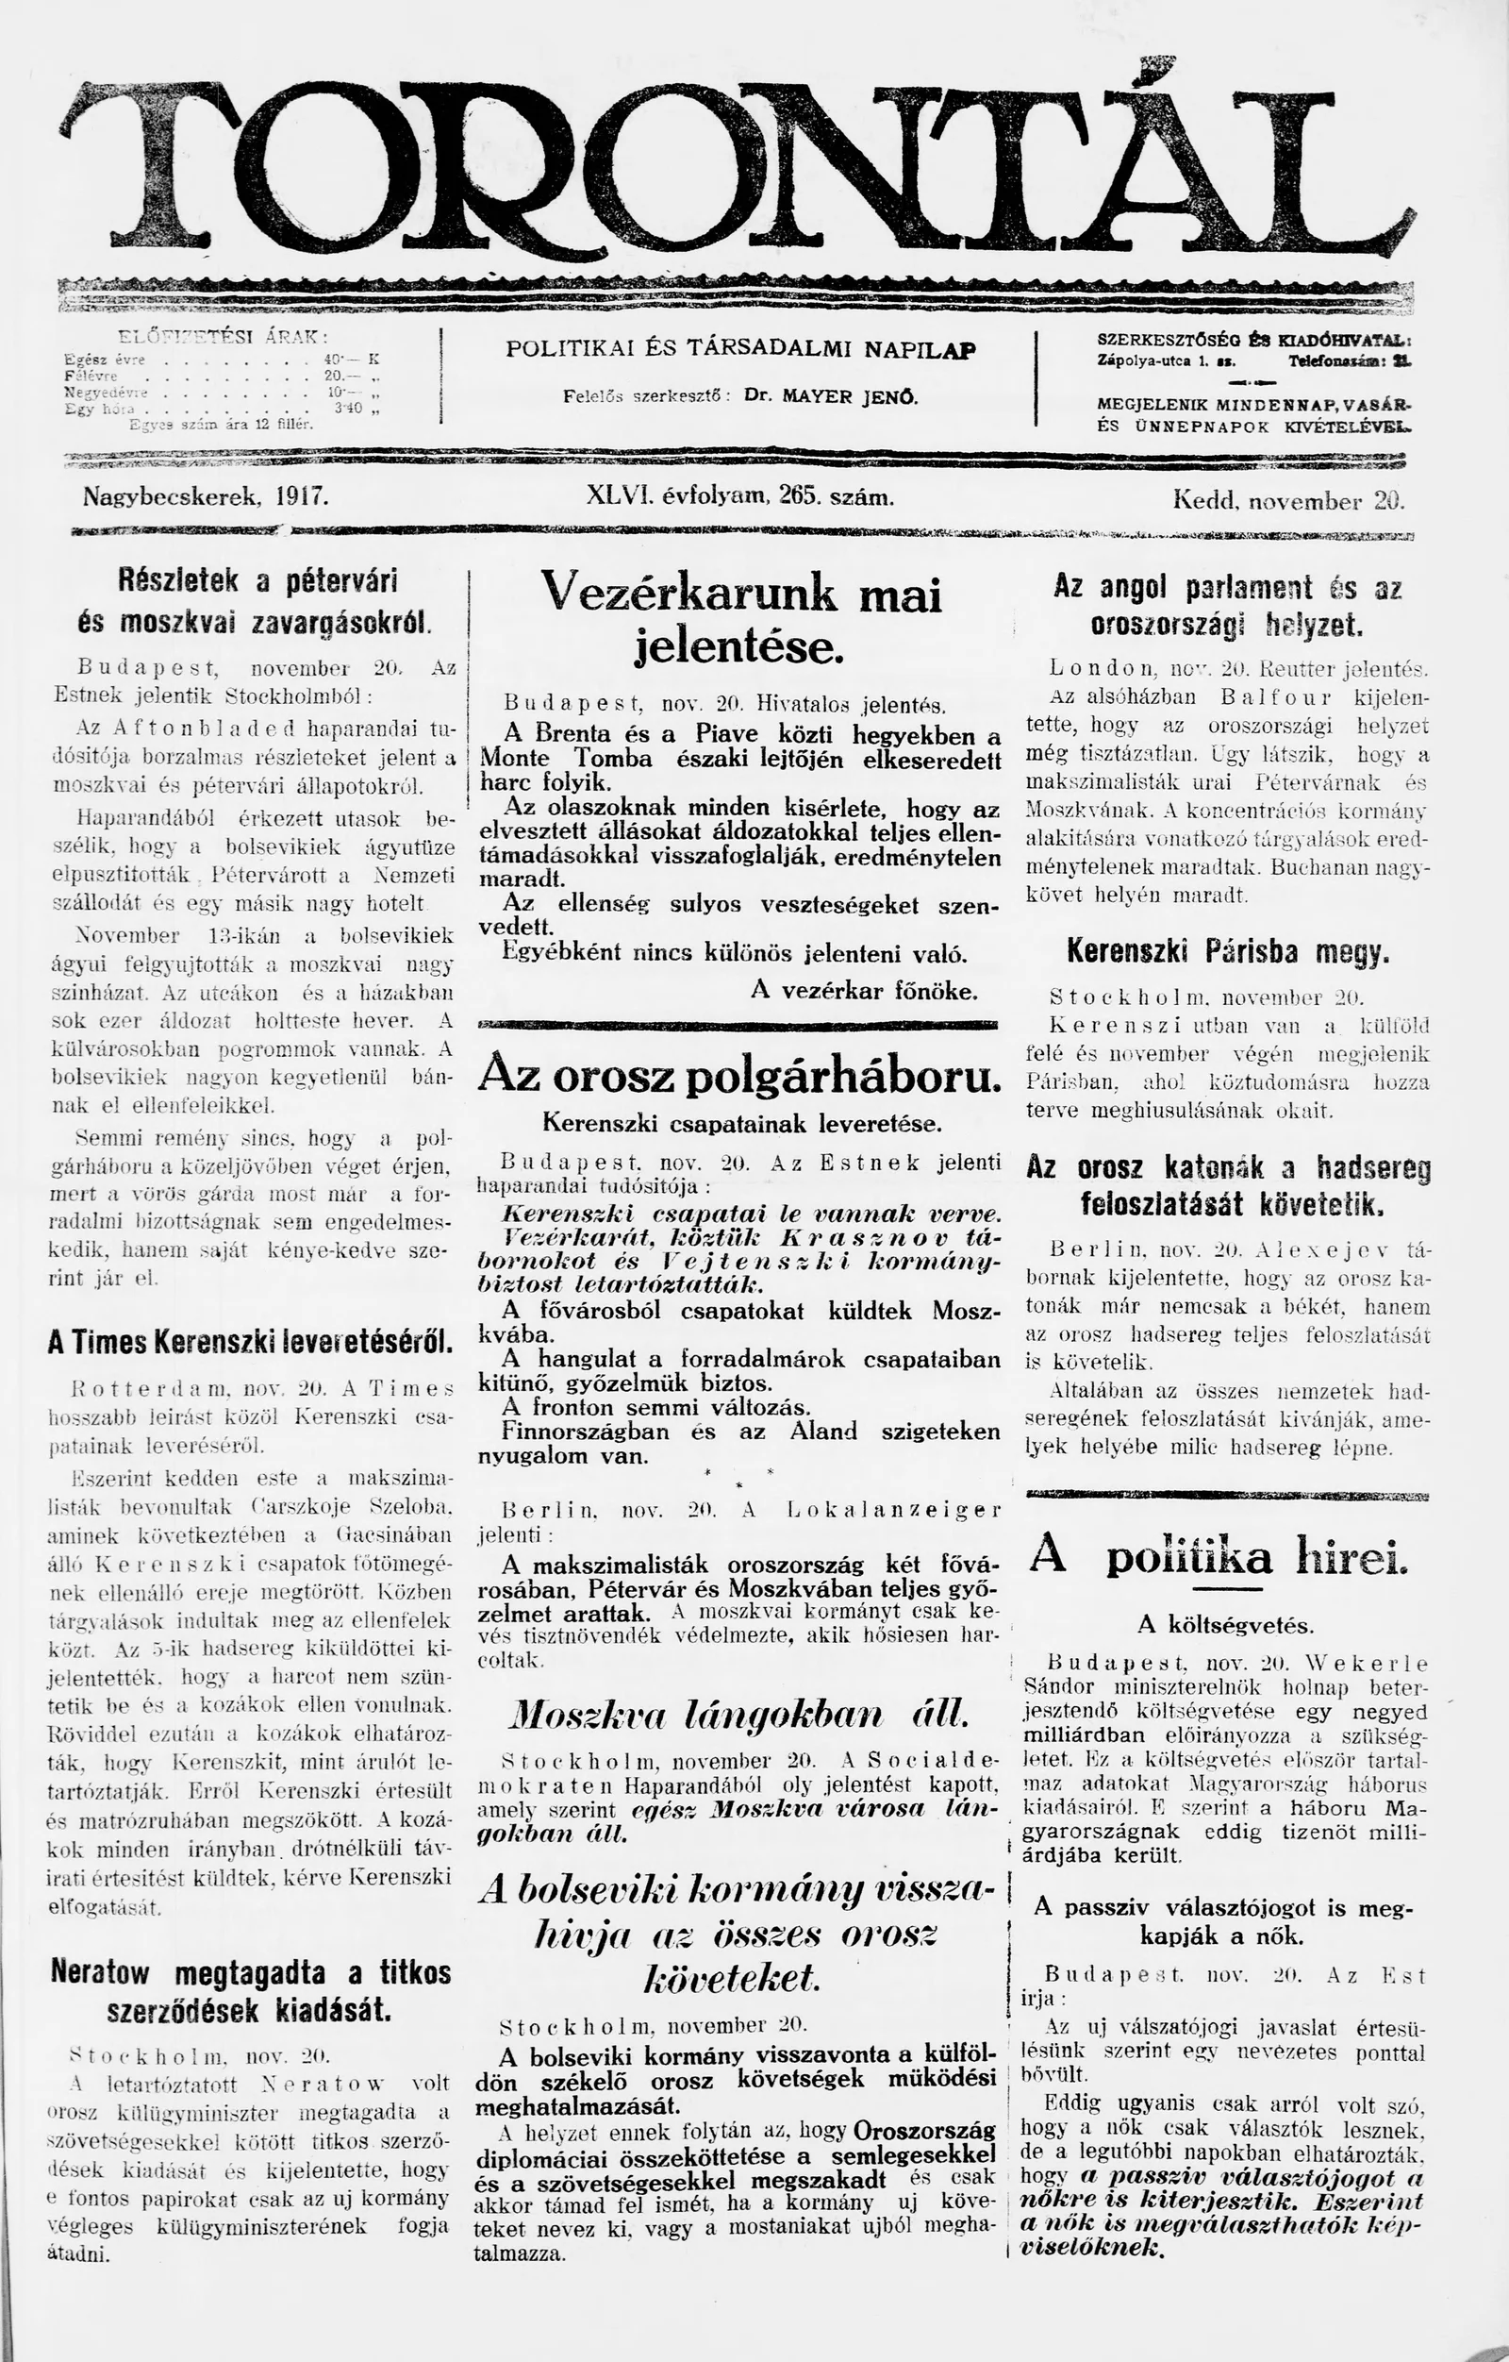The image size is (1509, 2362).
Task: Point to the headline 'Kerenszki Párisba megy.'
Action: pos(1228,951)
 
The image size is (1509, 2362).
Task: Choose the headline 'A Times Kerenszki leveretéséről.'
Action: pos(251,1342)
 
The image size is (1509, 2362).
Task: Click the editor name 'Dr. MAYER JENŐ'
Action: pos(832,397)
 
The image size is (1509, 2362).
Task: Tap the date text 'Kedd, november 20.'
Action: pos(1288,501)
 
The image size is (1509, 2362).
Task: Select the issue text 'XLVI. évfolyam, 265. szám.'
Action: pos(739,496)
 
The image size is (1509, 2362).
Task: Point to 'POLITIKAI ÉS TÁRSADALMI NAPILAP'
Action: pos(741,348)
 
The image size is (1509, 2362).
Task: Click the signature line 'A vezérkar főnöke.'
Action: pos(864,991)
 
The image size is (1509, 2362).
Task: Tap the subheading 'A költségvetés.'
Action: pos(1225,1625)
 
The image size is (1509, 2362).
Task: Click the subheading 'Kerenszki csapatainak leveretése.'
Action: pos(741,1122)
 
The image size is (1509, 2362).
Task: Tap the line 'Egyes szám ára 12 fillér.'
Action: pos(222,425)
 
